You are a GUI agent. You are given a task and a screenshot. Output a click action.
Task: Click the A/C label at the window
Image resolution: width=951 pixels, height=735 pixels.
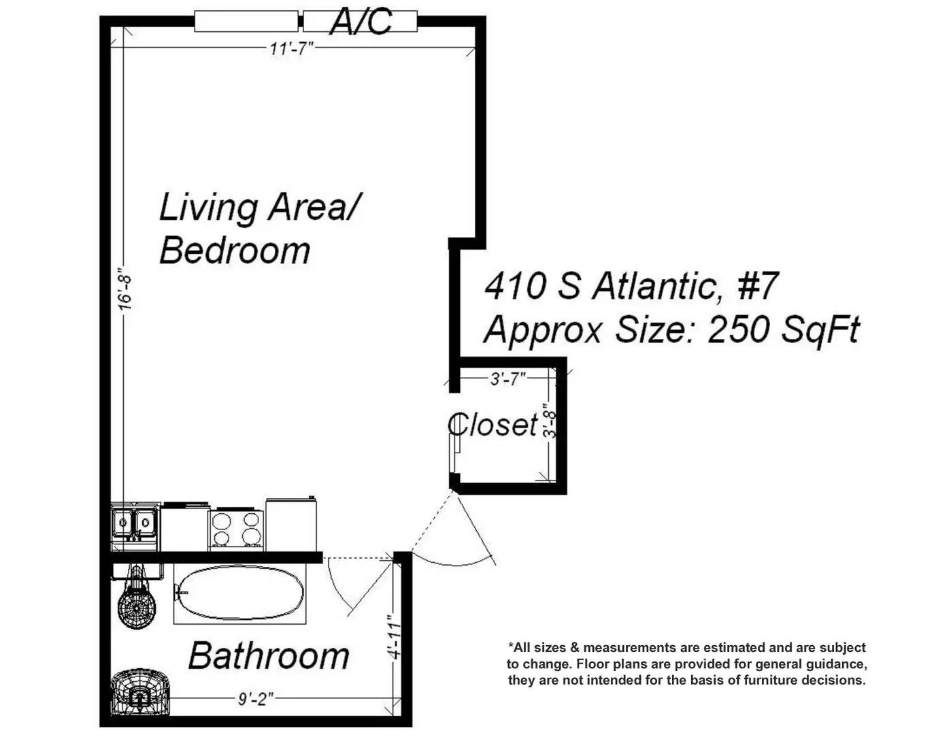tap(361, 22)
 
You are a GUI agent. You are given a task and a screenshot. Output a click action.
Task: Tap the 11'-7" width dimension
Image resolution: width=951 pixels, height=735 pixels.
tap(291, 48)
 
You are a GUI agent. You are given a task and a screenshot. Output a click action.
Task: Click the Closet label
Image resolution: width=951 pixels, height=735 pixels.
tap(493, 424)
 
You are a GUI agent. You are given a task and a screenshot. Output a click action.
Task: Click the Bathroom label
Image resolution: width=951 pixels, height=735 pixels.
tap(269, 656)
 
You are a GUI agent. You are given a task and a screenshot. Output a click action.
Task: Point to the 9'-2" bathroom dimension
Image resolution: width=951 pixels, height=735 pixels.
tap(256, 699)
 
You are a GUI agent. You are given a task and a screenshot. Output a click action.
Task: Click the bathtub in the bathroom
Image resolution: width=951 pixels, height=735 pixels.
tap(240, 593)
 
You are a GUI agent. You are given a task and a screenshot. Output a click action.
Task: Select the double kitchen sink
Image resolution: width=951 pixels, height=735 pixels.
tap(135, 525)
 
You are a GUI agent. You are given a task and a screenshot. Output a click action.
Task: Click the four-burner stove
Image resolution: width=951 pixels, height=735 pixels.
tap(237, 529)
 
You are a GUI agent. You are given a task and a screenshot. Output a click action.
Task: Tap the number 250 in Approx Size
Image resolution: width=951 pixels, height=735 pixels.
tap(738, 329)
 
